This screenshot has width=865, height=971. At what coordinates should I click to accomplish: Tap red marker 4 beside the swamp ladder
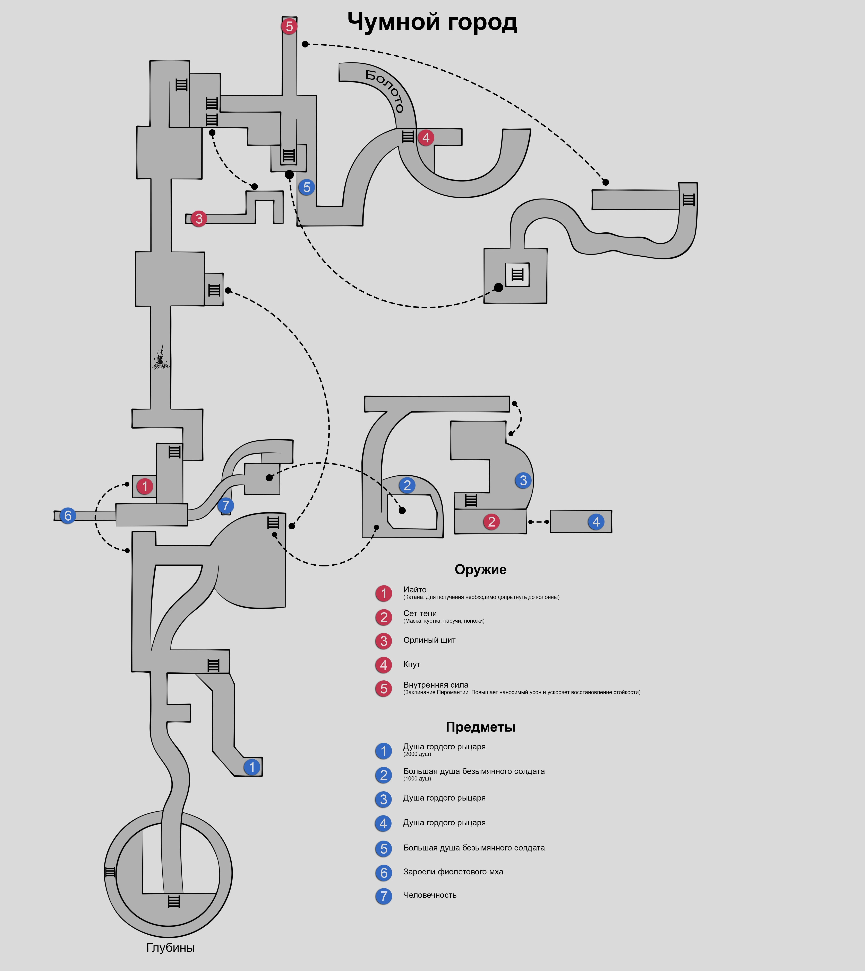click(x=426, y=138)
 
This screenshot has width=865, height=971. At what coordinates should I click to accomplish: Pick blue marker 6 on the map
click(x=68, y=515)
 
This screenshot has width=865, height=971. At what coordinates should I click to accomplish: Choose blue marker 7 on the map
click(x=226, y=505)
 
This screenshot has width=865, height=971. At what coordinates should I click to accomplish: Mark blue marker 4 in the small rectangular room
click(x=596, y=522)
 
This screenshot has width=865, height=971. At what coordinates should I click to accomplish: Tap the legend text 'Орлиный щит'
click(x=429, y=640)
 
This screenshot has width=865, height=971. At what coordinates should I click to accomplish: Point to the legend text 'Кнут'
click(x=412, y=664)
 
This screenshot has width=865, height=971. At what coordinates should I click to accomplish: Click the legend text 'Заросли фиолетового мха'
click(x=453, y=871)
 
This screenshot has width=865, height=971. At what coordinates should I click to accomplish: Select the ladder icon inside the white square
click(x=517, y=275)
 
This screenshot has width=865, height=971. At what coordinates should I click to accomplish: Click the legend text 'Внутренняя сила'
click(x=435, y=685)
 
